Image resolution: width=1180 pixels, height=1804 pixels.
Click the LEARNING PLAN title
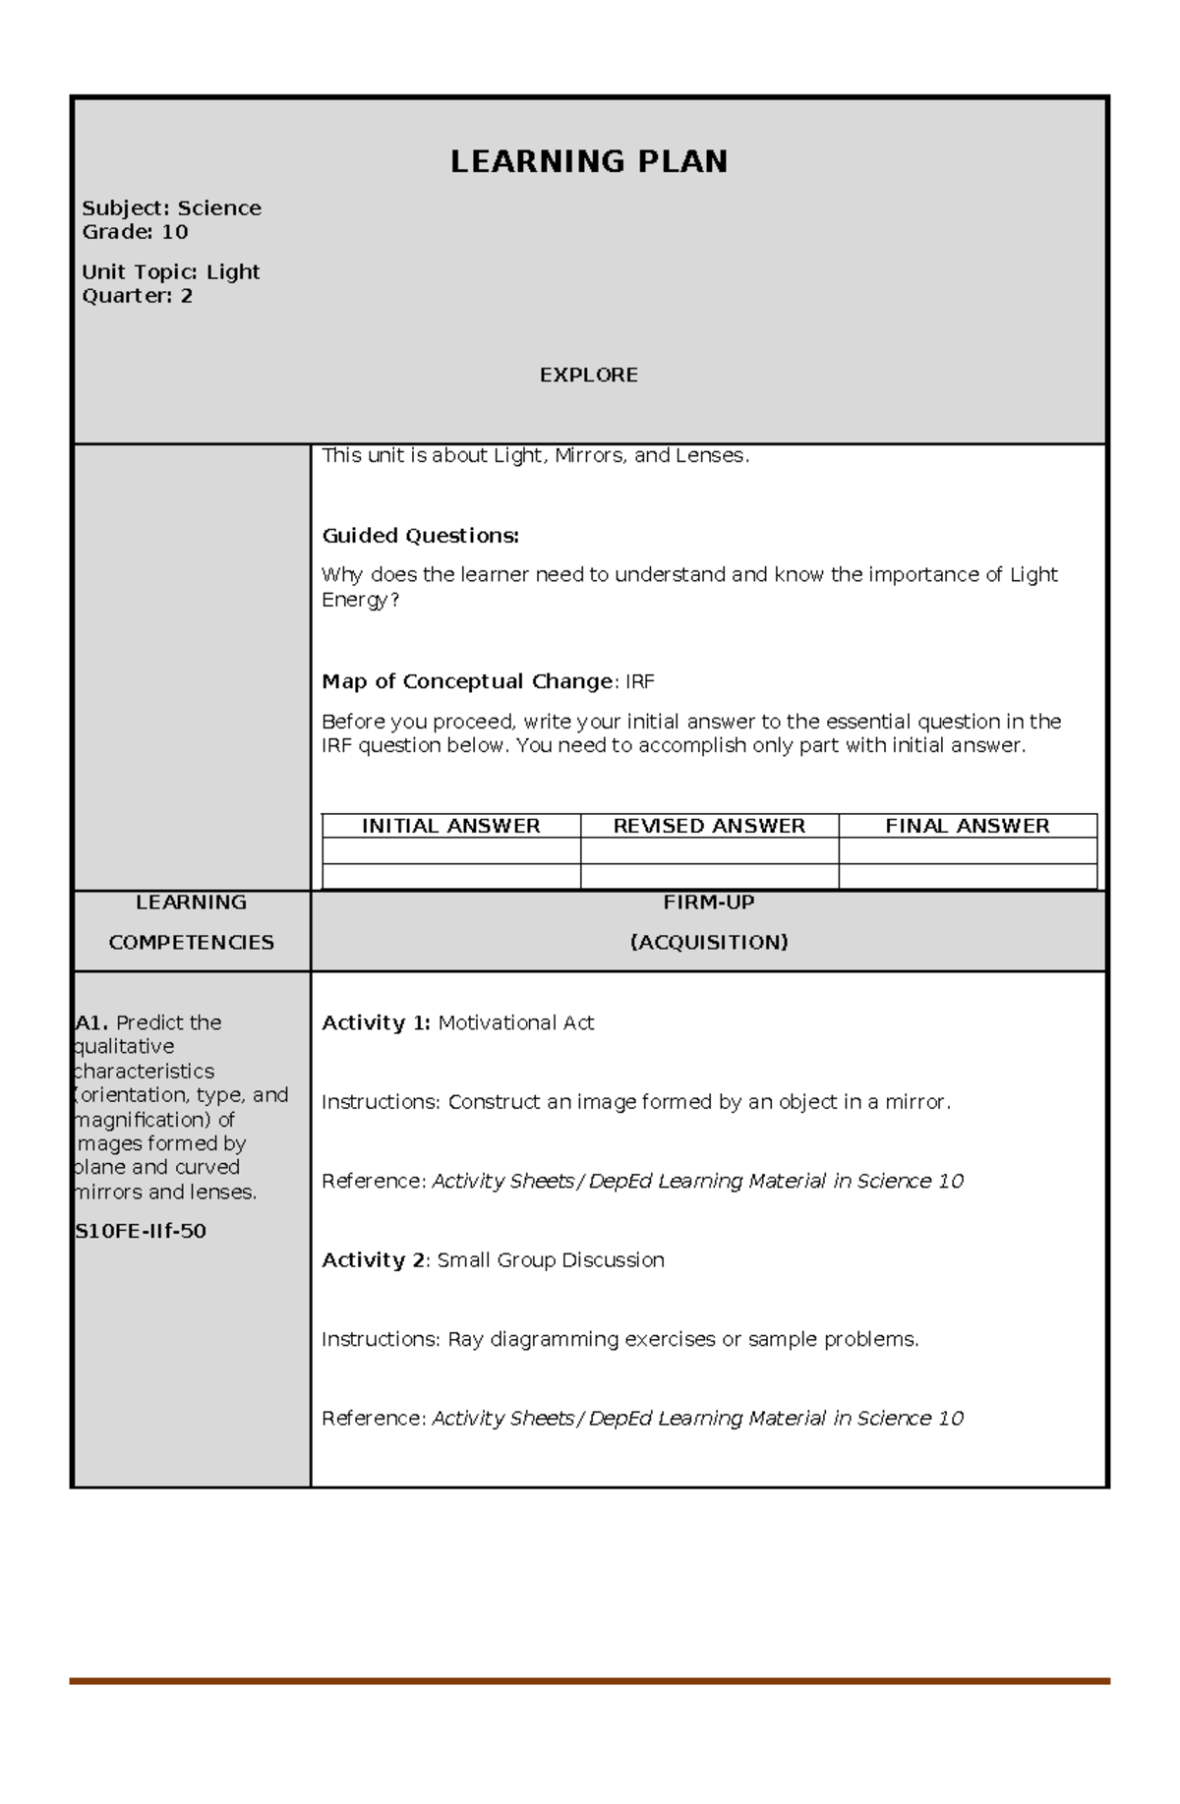point(588,162)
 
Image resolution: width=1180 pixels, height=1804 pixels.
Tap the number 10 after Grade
point(174,232)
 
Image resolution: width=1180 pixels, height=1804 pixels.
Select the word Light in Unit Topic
point(233,272)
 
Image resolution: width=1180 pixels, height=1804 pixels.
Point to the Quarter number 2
point(186,296)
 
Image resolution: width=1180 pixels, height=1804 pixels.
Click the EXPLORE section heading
point(588,375)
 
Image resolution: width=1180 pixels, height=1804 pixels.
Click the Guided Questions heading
point(420,536)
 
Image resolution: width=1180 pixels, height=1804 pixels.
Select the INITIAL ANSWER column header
point(450,826)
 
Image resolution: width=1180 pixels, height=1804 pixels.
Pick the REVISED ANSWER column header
point(709,826)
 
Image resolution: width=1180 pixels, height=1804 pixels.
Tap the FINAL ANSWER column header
point(967,826)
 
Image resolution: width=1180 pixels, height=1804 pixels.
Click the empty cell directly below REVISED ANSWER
point(709,851)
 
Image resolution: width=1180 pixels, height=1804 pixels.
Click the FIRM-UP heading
point(708,902)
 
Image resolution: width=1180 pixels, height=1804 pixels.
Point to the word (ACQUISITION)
point(708,943)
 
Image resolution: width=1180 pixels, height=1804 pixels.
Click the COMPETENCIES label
point(191,943)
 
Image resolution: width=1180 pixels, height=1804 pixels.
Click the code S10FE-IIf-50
point(141,1232)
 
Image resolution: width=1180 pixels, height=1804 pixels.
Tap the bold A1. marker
point(92,1023)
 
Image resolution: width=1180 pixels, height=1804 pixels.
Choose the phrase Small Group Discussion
point(551,1260)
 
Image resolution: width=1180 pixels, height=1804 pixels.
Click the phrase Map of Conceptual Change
point(467,682)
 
